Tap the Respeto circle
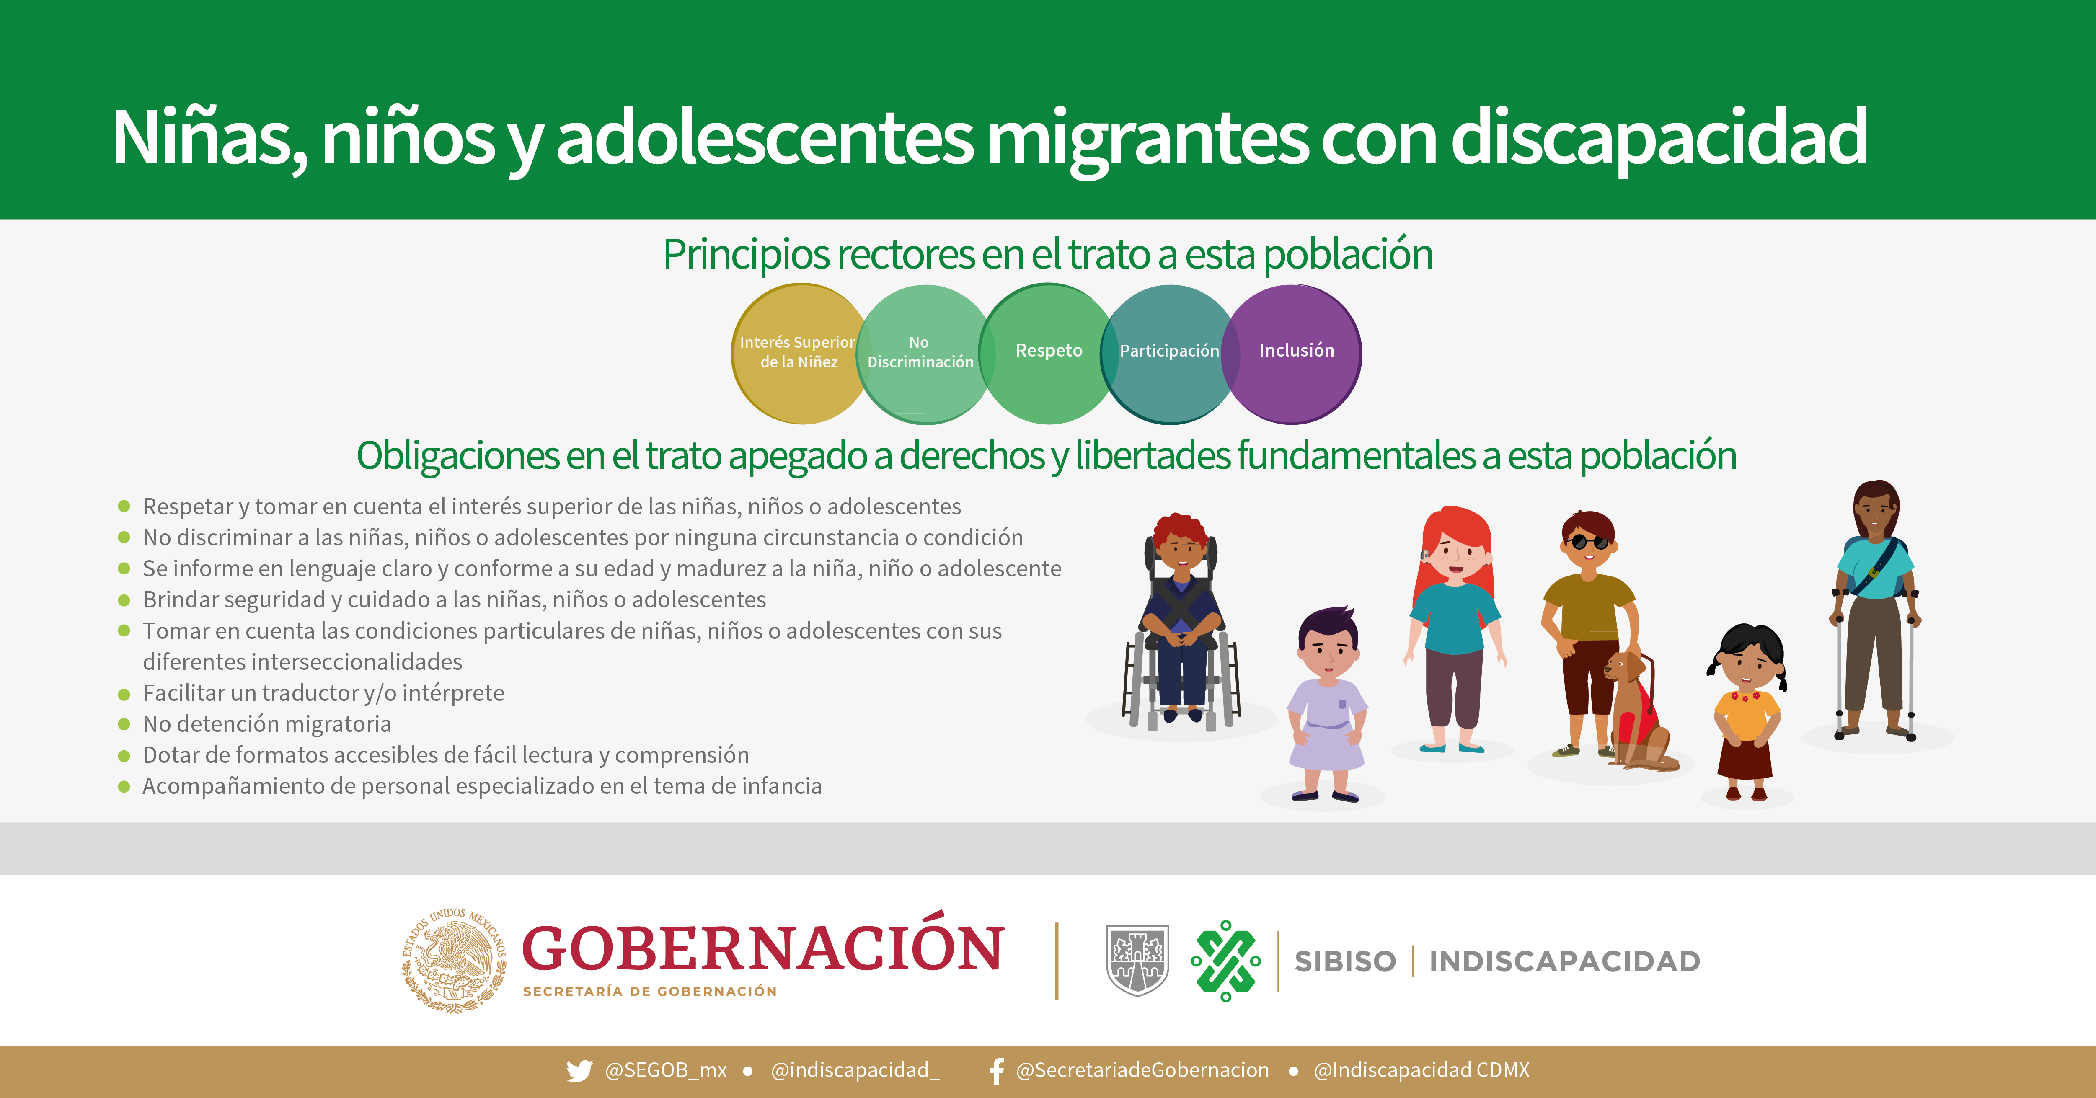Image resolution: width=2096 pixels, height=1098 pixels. click(x=1048, y=354)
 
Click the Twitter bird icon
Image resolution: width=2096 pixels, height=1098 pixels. click(x=579, y=1070)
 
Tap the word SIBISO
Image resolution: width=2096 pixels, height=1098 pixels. click(x=1345, y=961)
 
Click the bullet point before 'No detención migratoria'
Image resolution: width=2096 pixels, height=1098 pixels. click(x=124, y=724)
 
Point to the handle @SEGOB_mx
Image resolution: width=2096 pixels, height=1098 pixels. click(x=666, y=1070)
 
